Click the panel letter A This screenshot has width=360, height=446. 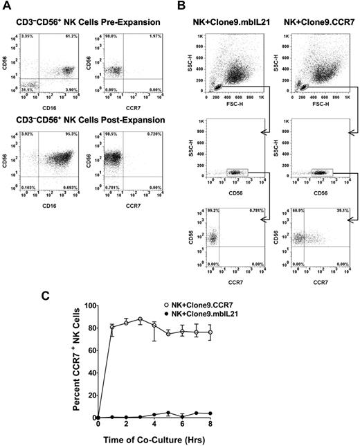(7, 6)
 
